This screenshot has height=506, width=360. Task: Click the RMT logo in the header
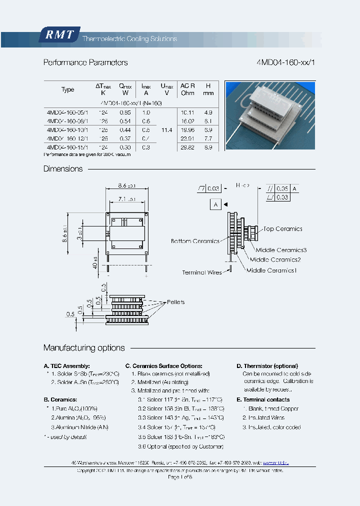(x=59, y=35)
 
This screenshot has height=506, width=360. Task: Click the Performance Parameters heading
(x=85, y=62)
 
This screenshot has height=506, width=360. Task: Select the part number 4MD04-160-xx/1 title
(x=284, y=62)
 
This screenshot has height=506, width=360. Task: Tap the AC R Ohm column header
(x=187, y=89)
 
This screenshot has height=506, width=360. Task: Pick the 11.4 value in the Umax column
(x=167, y=130)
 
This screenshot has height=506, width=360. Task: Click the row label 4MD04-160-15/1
(x=67, y=147)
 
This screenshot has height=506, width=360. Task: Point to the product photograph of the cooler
(x=270, y=116)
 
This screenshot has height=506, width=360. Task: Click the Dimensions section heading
(x=63, y=169)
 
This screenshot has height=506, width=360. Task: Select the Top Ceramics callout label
(x=282, y=229)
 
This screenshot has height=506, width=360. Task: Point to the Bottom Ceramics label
(x=194, y=241)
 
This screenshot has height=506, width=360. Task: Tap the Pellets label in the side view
(x=175, y=302)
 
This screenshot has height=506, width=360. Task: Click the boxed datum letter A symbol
(x=215, y=204)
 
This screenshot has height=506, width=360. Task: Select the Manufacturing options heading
(x=84, y=348)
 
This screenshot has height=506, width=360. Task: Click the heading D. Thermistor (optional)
(x=267, y=366)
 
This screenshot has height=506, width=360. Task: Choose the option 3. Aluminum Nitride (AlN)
(x=79, y=427)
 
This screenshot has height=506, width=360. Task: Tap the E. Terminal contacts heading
(x=263, y=399)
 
